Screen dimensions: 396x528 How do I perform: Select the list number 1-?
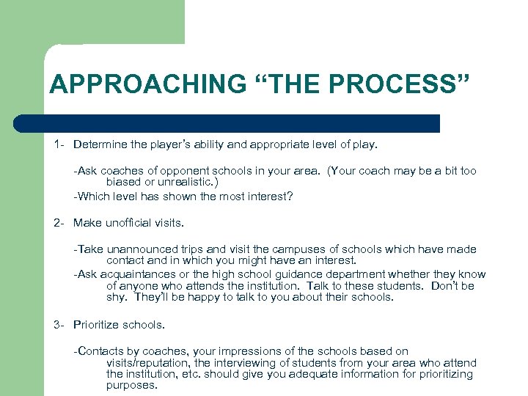pos(60,145)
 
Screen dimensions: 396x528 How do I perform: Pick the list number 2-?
pos(60,223)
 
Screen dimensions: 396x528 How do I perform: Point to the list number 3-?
pos(60,324)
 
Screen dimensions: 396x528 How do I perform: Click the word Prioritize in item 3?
pos(98,324)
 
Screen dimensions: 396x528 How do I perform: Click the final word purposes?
pos(131,384)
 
